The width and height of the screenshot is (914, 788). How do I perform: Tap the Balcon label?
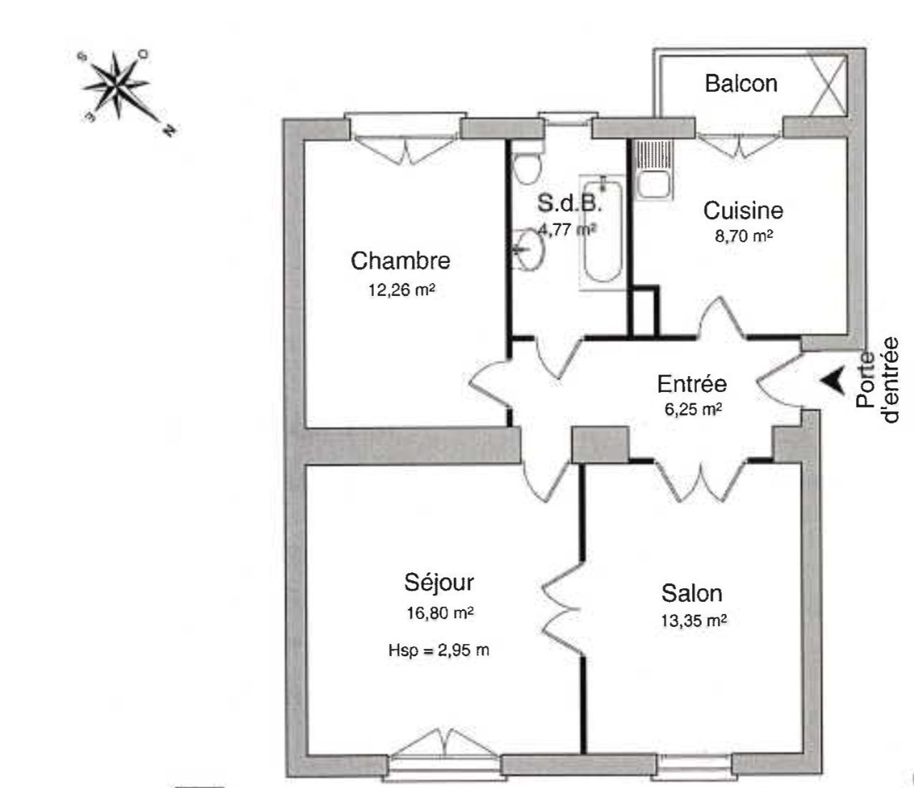pyautogui.click(x=741, y=83)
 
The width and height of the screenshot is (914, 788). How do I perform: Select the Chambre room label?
pyautogui.click(x=400, y=261)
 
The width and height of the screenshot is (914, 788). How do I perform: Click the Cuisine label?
pyautogui.click(x=743, y=211)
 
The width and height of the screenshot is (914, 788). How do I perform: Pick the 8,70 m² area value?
pyautogui.click(x=743, y=236)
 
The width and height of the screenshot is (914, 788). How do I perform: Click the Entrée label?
pyautogui.click(x=692, y=384)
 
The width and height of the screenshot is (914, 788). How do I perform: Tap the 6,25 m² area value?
pyautogui.click(x=692, y=409)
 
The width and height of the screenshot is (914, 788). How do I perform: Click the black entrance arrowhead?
pyautogui.click(x=831, y=380)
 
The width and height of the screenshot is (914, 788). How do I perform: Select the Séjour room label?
pyautogui.click(x=439, y=582)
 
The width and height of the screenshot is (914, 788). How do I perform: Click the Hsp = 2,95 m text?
pyautogui.click(x=439, y=650)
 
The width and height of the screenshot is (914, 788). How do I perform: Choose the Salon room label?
pyautogui.click(x=691, y=593)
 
